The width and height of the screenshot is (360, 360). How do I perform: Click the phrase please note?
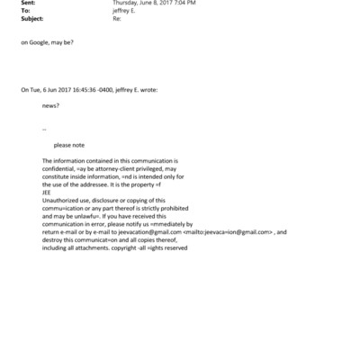pyautogui.click(x=68, y=144)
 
